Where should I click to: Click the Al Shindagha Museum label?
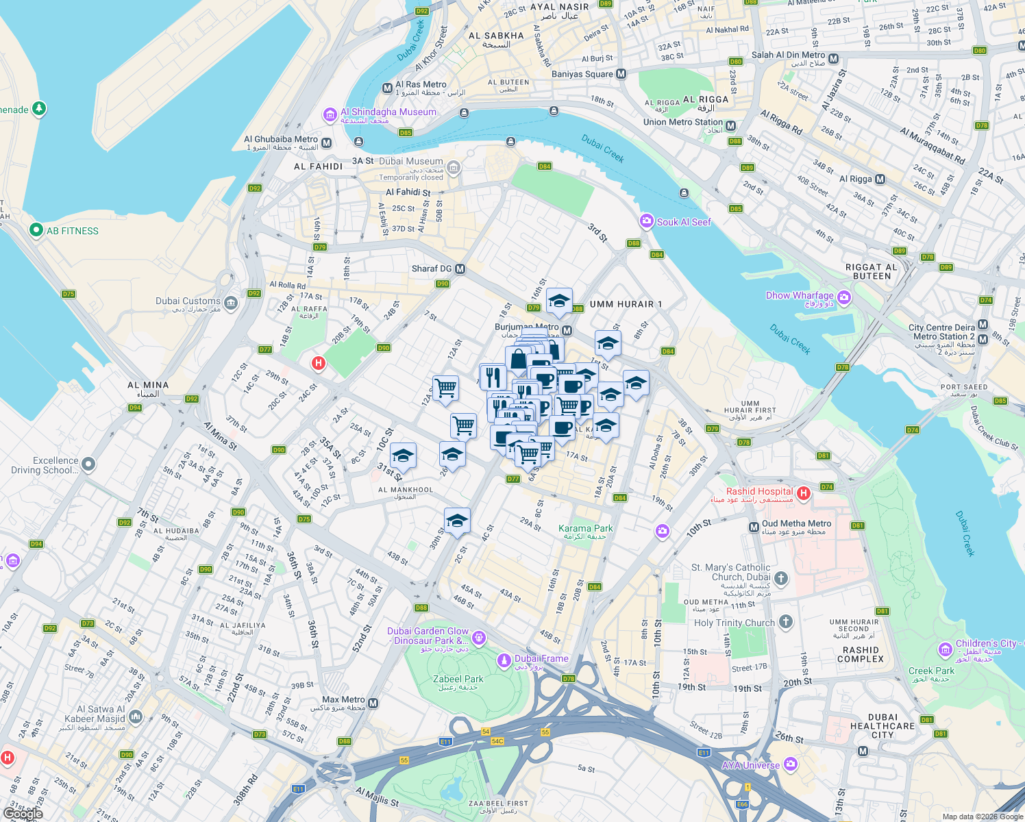pyautogui.click(x=388, y=112)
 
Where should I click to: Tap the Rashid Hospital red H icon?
pyautogui.click(x=804, y=493)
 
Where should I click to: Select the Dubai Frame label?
pyautogui.click(x=541, y=659)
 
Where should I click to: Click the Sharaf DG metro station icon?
pyautogui.click(x=460, y=269)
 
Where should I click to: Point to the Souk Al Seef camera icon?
pyautogui.click(x=646, y=221)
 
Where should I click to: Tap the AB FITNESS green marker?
pyautogui.click(x=36, y=231)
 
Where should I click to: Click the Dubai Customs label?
pyautogui.click(x=188, y=301)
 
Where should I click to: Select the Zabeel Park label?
pyautogui.click(x=458, y=680)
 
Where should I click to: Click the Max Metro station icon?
pyautogui.click(x=373, y=703)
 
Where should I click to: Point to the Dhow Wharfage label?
pyautogui.click(x=800, y=296)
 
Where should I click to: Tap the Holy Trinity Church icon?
pyautogui.click(x=786, y=622)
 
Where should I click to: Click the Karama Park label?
pyautogui.click(x=585, y=529)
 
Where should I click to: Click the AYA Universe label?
pyautogui.click(x=751, y=765)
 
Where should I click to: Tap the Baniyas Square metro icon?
pyautogui.click(x=621, y=74)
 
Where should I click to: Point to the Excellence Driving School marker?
pyautogui.click(x=88, y=464)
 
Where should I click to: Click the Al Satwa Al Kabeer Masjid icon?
pyautogui.click(x=135, y=717)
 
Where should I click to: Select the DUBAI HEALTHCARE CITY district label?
pyautogui.click(x=882, y=726)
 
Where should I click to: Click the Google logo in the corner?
pyautogui.click(x=23, y=813)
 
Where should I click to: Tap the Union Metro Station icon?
pyautogui.click(x=731, y=126)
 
